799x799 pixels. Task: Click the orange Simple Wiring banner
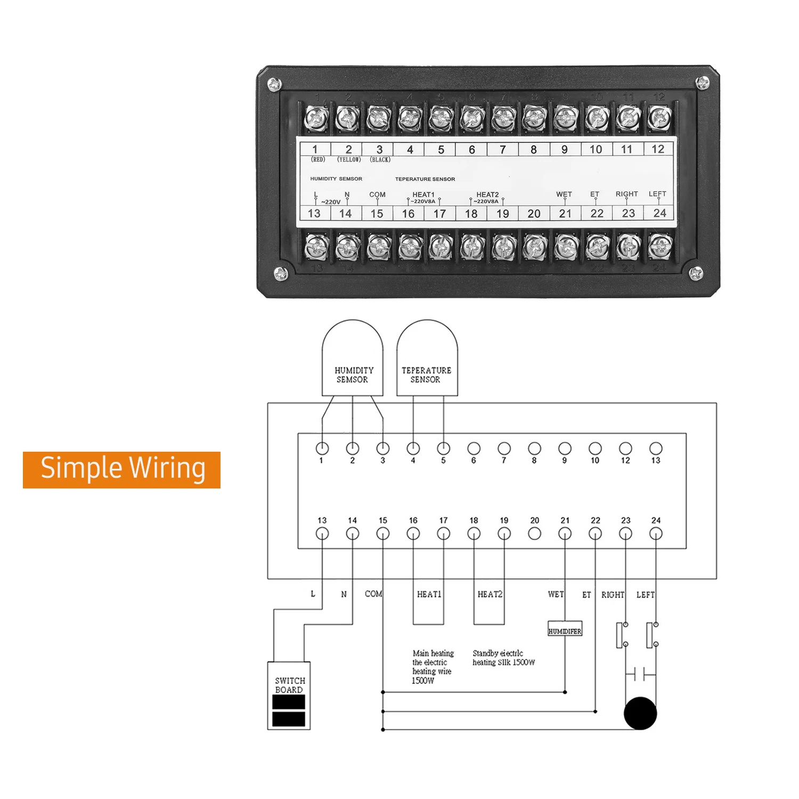[x=121, y=469]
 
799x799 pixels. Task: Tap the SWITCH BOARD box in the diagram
[x=289, y=695]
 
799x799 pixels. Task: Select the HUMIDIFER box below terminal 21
[x=565, y=630]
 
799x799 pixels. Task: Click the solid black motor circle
[x=640, y=713]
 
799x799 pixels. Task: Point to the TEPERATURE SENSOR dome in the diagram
[x=427, y=358]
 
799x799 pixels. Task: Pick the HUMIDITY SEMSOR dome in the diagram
[x=352, y=358]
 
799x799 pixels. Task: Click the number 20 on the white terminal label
[x=534, y=214]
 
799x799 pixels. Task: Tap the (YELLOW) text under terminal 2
[x=349, y=160]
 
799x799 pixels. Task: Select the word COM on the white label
[x=377, y=194]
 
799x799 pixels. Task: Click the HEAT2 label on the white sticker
[x=487, y=194]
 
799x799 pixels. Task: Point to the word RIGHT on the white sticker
[x=626, y=194]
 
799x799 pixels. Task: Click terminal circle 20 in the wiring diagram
[x=535, y=533]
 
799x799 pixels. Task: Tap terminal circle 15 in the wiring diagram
[x=383, y=533]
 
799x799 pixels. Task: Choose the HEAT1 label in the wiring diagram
[x=429, y=594]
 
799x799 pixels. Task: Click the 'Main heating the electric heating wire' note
[x=433, y=666]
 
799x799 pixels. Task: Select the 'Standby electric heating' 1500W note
[x=503, y=657]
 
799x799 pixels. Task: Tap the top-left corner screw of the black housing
[x=274, y=84]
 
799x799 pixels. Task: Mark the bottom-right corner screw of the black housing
[x=696, y=274]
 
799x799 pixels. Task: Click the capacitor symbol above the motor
[x=640, y=674]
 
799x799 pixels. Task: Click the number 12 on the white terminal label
[x=658, y=149]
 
